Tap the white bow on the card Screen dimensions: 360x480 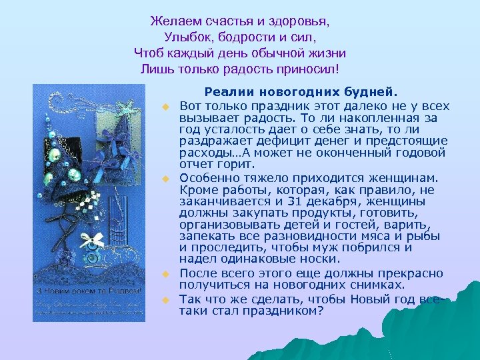95,239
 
